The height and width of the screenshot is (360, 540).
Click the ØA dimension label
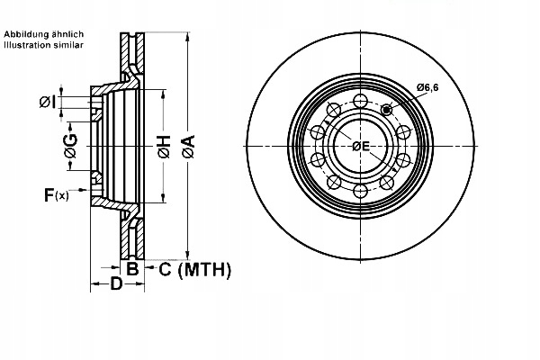pyautogui.click(x=188, y=143)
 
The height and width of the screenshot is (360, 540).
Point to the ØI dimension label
pyautogui.click(x=49, y=102)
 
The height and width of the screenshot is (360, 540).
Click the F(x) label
pyautogui.click(x=56, y=193)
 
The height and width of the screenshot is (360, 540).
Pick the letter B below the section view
pyautogui.click(x=131, y=268)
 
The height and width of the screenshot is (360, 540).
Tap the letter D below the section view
pyautogui.click(x=116, y=285)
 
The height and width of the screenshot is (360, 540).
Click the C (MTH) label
pyautogui.click(x=195, y=268)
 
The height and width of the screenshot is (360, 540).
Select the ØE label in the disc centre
pyautogui.click(x=361, y=146)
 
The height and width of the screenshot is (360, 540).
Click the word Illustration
pyautogui.click(x=27, y=43)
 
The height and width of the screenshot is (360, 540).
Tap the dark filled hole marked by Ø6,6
pyautogui.click(x=387, y=110)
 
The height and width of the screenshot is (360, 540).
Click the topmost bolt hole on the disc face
pyautogui.click(x=360, y=99)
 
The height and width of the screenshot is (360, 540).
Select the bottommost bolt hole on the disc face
pyautogui.click(x=360, y=191)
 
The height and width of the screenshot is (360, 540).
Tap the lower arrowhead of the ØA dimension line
pyautogui.click(x=187, y=255)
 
